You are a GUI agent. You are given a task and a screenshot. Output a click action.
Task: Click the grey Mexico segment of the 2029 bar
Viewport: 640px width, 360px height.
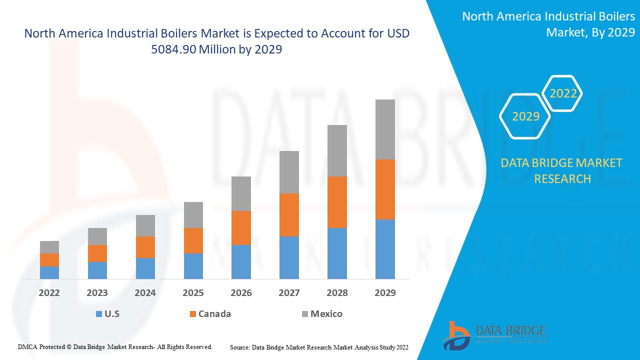click(385, 129)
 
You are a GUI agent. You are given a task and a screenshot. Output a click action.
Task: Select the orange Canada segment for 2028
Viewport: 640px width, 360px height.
click(337, 202)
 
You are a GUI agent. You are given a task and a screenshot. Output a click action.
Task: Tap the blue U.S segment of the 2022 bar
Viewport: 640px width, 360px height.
click(49, 272)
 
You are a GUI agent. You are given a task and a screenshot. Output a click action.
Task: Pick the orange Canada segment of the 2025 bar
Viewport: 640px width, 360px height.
click(193, 240)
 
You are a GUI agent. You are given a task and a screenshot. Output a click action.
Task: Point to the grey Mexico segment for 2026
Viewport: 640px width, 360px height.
click(241, 193)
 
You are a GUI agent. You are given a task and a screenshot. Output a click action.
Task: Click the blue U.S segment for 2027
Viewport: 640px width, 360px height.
click(289, 257)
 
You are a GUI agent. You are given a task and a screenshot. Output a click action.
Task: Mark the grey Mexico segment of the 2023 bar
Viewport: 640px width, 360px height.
click(97, 236)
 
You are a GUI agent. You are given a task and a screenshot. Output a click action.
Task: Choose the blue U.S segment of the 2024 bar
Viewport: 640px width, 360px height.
click(145, 268)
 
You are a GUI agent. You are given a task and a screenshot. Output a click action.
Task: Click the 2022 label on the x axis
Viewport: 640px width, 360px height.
click(49, 293)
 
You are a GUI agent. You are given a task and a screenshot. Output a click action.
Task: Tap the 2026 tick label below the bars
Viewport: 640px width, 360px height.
click(241, 293)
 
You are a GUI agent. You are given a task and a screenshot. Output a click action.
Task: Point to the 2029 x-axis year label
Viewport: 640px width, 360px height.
click(385, 293)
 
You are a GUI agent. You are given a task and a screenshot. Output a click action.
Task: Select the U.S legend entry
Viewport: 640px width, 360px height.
click(107, 314)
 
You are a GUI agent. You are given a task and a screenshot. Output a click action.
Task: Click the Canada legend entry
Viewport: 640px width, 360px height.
click(210, 314)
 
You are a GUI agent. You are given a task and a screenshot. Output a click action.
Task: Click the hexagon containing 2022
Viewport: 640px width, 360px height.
click(563, 93)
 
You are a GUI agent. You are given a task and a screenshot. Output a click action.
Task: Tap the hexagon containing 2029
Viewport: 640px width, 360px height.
click(525, 116)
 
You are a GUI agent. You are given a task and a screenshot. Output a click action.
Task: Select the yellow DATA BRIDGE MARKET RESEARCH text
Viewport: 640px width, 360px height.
click(562, 170)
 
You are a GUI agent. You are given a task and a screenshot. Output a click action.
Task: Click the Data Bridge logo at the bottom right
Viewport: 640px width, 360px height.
click(494, 334)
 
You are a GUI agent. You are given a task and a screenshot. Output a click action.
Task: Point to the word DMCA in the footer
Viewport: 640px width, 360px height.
click(27, 346)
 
